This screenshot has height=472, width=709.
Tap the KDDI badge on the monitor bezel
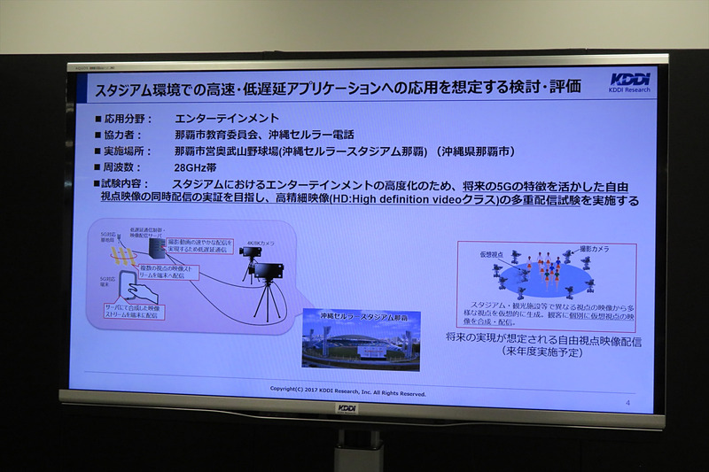(x=347, y=408)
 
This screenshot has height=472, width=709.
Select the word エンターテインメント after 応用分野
(x=227, y=118)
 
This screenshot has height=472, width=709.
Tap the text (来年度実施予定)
(x=544, y=352)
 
